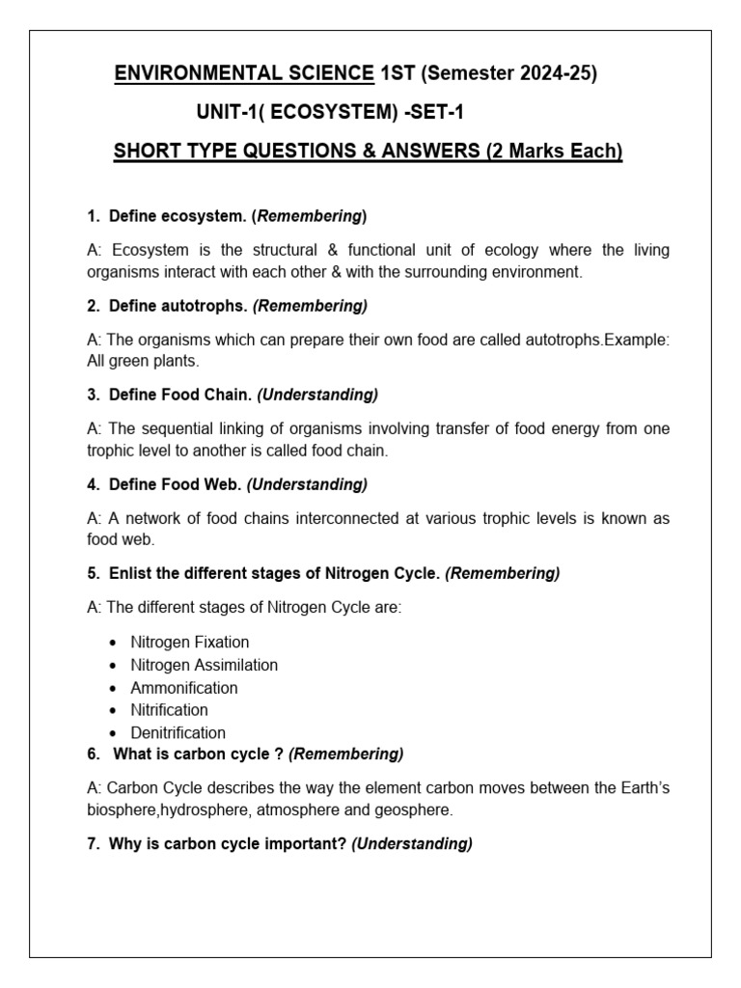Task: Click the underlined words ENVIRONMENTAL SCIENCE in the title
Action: tap(244, 73)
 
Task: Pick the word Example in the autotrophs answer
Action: tap(636, 340)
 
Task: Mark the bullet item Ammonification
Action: tap(184, 688)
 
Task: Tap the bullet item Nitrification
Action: tap(169, 710)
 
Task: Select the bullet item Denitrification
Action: tap(178, 733)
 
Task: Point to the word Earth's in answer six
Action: tap(642, 788)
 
